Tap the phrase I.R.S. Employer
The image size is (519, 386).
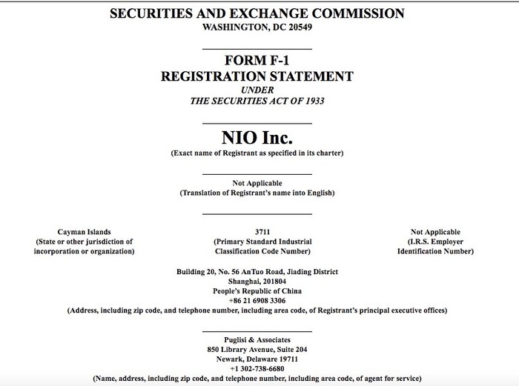435,242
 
